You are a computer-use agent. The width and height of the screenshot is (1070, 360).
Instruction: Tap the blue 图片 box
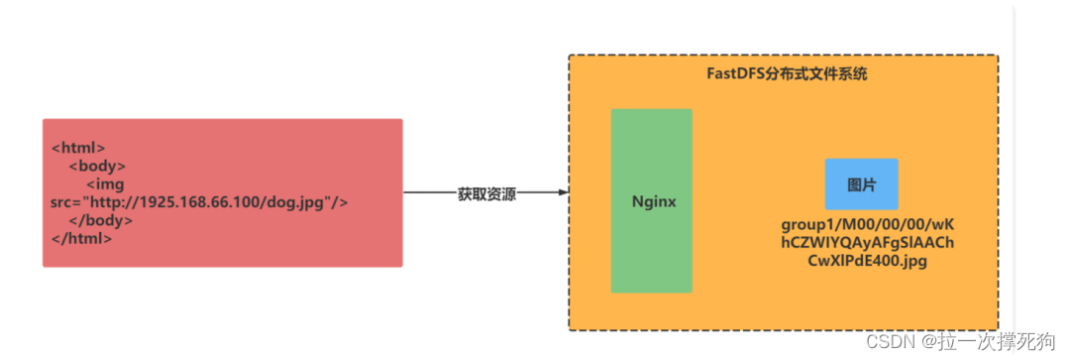pos(861,184)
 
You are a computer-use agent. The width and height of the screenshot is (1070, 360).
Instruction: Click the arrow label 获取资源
pos(486,193)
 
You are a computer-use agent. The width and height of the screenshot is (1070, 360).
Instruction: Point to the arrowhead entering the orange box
pos(564,193)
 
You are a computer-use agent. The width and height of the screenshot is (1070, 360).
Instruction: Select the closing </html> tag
pos(81,238)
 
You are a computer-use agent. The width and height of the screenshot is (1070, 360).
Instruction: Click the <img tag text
pos(108,184)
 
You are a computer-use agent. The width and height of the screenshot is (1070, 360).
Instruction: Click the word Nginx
pos(654,201)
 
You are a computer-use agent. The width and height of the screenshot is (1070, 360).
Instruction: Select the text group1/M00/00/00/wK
pos(867,225)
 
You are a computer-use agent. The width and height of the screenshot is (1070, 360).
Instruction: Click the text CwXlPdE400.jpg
pos(867,261)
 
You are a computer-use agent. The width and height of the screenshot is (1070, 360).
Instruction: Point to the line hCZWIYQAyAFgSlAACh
pos(867,243)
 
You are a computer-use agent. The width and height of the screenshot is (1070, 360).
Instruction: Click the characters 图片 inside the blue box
pos(861,185)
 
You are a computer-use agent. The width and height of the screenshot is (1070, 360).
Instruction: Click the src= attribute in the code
pos(68,202)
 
